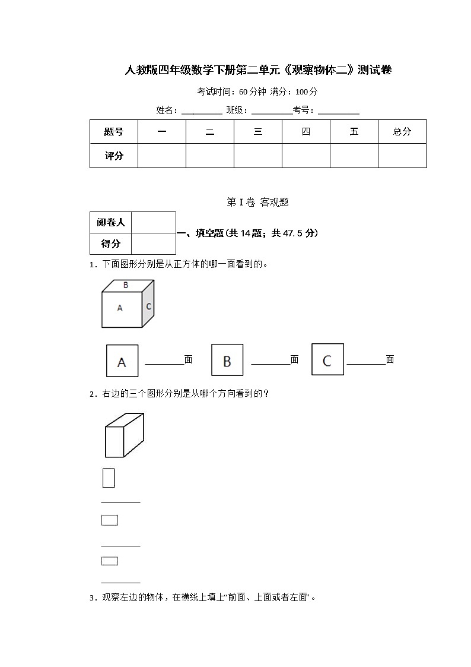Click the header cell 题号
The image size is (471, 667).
coord(114,132)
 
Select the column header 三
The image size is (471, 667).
coord(258,132)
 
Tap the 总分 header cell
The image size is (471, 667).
coord(402,132)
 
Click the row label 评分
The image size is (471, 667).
coord(114,156)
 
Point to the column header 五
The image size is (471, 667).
coord(354,132)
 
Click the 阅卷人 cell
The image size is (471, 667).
coord(111,223)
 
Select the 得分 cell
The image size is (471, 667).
coord(111,244)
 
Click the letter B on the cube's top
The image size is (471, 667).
coord(126,285)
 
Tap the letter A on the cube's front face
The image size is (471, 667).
coord(120,308)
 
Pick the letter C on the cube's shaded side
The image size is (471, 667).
coord(148,306)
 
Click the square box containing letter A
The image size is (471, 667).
coord(122,361)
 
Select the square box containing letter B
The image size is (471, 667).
coord(227,361)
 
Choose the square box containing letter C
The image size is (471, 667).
coord(327,359)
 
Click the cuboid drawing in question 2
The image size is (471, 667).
coord(124,435)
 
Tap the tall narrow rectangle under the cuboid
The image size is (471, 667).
coord(109,478)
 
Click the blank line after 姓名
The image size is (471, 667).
coord(202,112)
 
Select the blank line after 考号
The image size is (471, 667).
coord(339,112)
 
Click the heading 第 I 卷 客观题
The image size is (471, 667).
coord(258,202)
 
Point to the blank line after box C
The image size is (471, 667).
coord(366,363)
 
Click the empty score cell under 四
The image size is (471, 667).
coord(305,156)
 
